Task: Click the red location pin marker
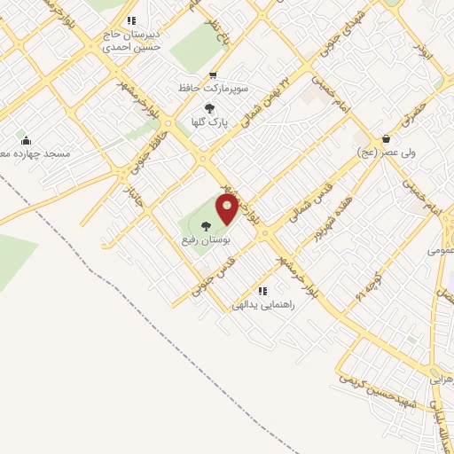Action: tap(227, 209)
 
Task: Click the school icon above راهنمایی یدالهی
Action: tap(262, 291)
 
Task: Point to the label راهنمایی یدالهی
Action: tap(262, 304)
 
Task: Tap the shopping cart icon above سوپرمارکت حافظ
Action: tap(212, 76)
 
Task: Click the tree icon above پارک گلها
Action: tap(208, 108)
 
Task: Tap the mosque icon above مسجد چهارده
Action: tap(27, 139)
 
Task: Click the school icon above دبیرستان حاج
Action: tap(131, 20)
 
